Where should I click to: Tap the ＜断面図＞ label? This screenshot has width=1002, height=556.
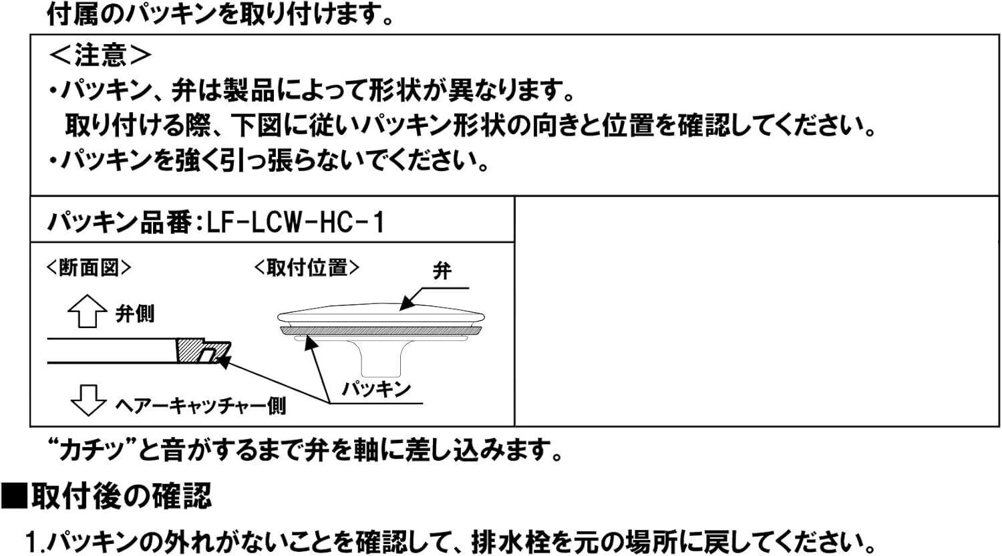pos(88,268)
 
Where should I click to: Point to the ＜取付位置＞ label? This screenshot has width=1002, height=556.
pos(307,268)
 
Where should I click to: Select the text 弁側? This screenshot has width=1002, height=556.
pos(135,314)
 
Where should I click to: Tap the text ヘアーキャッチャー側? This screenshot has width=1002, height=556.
pos(200,404)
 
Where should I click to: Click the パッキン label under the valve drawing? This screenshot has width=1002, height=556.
pos(375,388)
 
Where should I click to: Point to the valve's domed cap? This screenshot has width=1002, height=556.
pos(381,315)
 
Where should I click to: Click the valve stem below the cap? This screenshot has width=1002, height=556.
pos(379,358)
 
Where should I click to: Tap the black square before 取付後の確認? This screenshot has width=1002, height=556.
pos(13,497)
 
